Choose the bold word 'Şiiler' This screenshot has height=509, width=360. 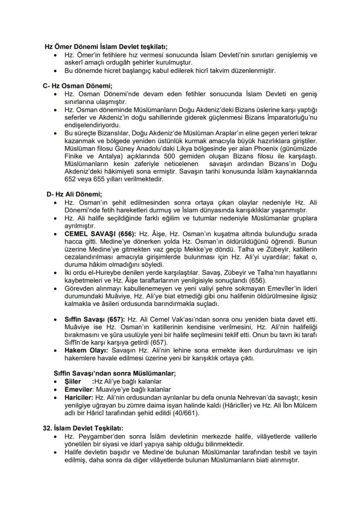pyautogui.click(x=73, y=381)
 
